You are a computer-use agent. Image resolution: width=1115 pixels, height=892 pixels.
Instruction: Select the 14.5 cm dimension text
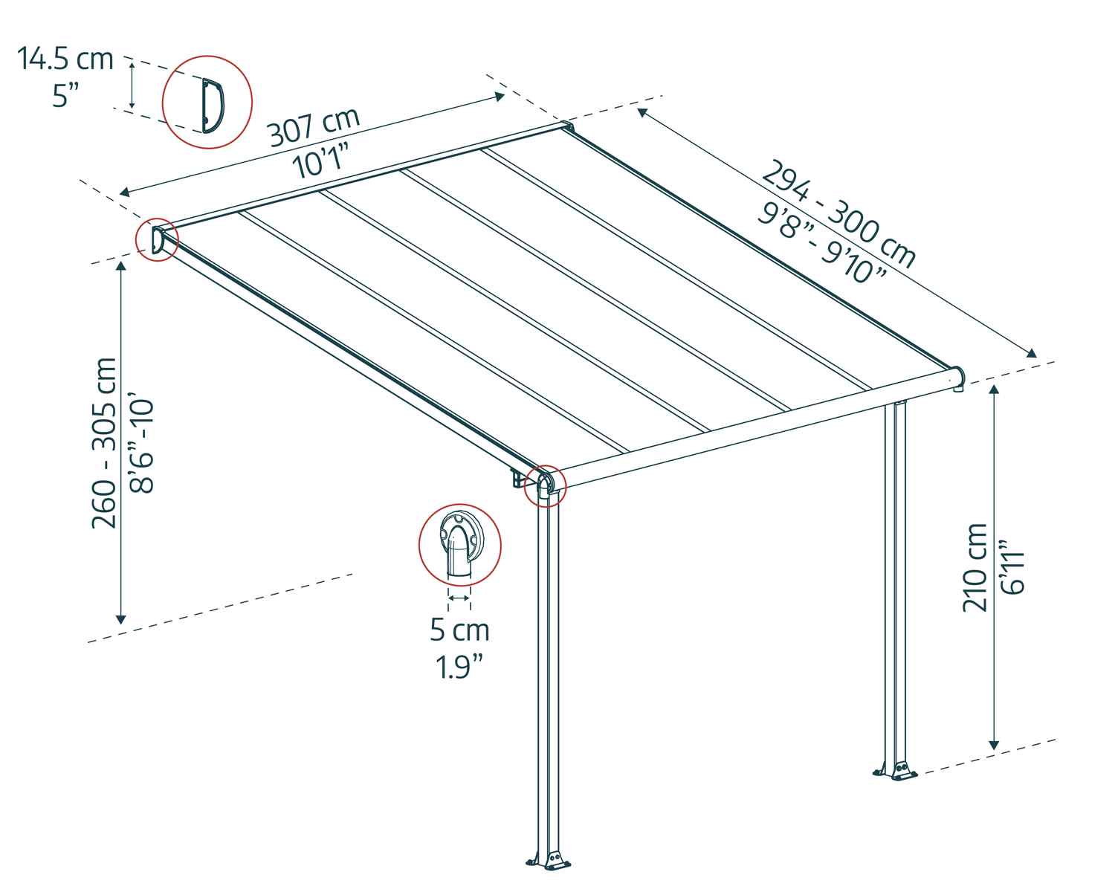click(65, 59)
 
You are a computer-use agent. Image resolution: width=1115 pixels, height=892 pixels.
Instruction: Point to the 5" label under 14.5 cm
click(66, 95)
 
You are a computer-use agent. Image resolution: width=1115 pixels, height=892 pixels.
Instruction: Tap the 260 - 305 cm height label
click(103, 443)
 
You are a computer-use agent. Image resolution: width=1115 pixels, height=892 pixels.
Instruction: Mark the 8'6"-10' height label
click(141, 446)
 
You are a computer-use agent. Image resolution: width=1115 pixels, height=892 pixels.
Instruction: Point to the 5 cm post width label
click(459, 630)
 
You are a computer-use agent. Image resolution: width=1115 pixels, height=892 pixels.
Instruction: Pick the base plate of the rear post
click(897, 772)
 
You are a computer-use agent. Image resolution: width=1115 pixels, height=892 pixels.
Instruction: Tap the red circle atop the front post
click(546, 487)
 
